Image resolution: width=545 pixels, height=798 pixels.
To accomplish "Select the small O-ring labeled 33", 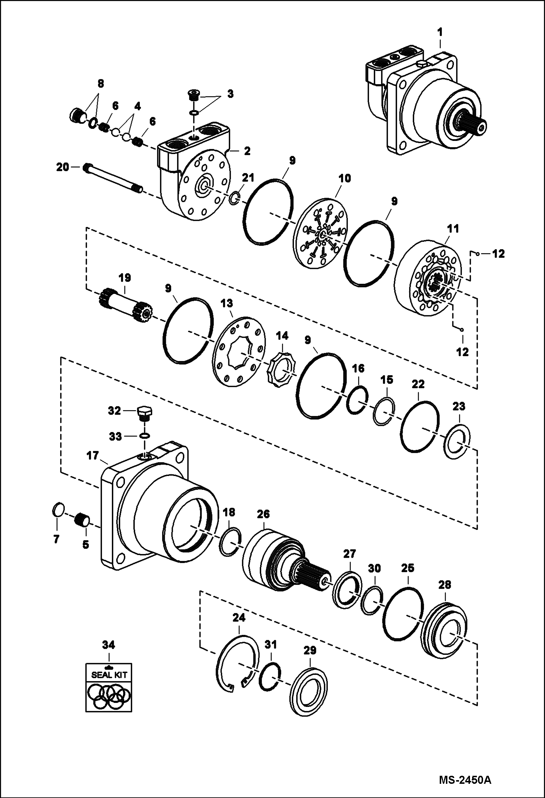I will [x=144, y=436].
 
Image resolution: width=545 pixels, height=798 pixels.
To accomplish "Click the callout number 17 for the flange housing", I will [x=93, y=456].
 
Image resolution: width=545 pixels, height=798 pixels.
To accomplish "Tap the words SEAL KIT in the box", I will [x=109, y=675].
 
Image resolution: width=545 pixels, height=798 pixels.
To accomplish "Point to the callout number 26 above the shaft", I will [x=263, y=514].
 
